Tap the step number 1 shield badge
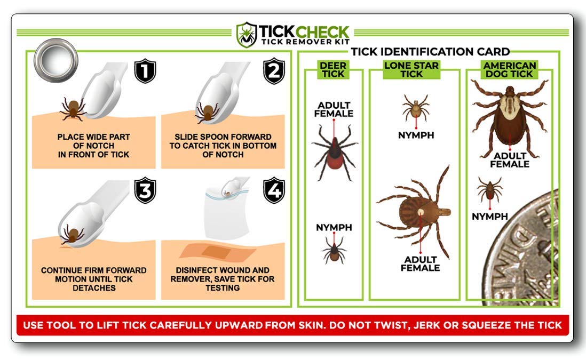[144, 71]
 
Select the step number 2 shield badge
[274, 71]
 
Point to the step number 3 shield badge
[144, 191]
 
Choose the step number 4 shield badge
[274, 191]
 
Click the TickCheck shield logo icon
[247, 35]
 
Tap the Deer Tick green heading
[333, 70]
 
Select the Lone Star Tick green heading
[411, 70]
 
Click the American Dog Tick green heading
[509, 70]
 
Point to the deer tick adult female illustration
[334, 152]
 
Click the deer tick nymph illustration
[334, 250]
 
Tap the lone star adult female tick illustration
[419, 212]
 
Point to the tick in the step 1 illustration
[73, 108]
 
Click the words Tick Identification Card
[430, 52]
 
